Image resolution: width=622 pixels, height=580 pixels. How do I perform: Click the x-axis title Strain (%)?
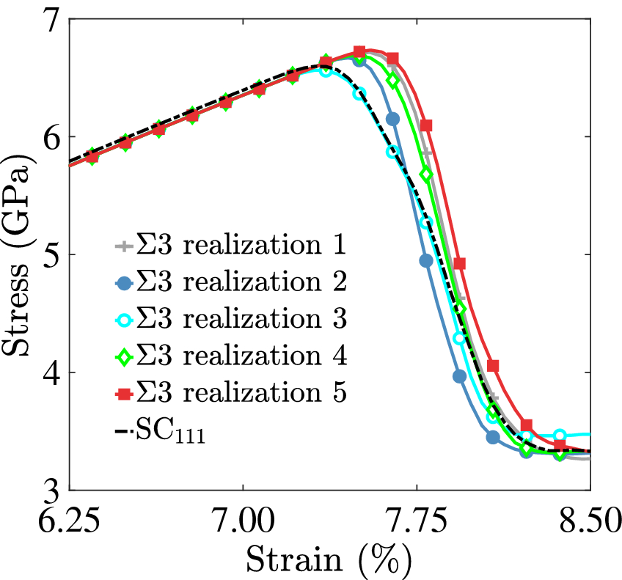pyautogui.click(x=329, y=562)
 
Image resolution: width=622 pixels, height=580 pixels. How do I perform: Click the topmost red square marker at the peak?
pyautogui.click(x=359, y=51)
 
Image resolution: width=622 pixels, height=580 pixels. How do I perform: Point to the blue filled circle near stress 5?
pyautogui.click(x=426, y=260)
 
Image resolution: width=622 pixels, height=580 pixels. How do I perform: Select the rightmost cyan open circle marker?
pyautogui.click(x=560, y=436)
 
